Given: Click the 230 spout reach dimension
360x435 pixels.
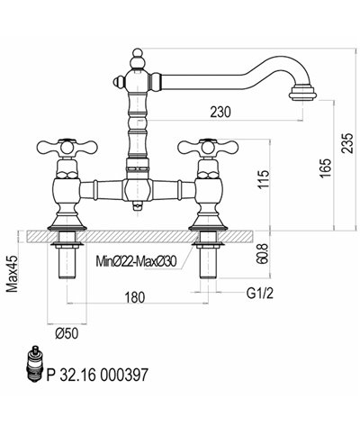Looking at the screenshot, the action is click(220, 113).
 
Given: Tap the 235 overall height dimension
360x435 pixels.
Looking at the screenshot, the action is click(347, 143).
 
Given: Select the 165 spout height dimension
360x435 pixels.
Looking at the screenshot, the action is click(325, 168).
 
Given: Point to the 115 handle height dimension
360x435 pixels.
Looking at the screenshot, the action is click(264, 179).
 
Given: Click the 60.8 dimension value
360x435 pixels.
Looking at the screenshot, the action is click(262, 254).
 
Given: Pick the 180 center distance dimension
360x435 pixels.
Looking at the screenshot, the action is click(134, 297).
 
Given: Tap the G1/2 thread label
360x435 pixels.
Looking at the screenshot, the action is click(260, 294).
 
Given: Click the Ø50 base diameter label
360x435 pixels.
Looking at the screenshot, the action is click(67, 333).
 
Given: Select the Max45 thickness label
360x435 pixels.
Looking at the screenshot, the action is click(13, 274).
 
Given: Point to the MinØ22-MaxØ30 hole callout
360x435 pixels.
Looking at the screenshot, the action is click(136, 261).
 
